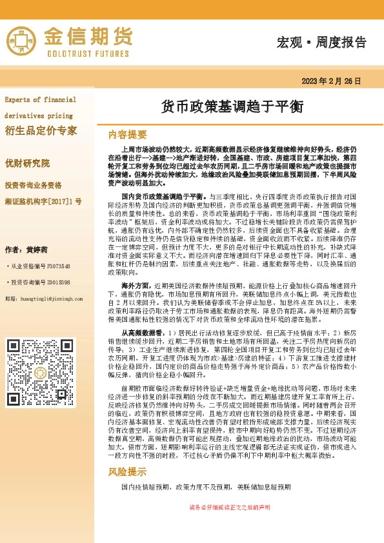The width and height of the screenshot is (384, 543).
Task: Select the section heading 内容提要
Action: click(x=128, y=134)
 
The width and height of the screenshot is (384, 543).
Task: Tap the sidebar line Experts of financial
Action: click(x=40, y=100)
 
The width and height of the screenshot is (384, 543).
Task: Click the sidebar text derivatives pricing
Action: click(x=38, y=115)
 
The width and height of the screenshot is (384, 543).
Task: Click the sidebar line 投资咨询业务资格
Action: click(x=33, y=185)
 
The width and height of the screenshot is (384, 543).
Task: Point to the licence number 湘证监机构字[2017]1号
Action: click(x=43, y=201)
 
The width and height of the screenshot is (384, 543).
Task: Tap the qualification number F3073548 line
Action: click(x=38, y=266)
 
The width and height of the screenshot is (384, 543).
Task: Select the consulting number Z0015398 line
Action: click(x=38, y=282)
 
